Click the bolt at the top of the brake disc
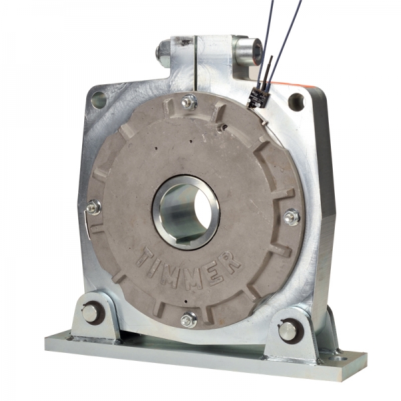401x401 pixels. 189,102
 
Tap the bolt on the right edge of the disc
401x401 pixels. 291,217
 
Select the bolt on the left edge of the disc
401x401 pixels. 94,208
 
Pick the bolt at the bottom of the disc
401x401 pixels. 189,319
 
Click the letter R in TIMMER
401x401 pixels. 231,263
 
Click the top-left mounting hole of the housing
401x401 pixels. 98,100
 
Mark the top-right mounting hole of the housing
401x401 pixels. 295,102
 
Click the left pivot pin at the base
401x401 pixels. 90,313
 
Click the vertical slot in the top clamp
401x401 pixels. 194,63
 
